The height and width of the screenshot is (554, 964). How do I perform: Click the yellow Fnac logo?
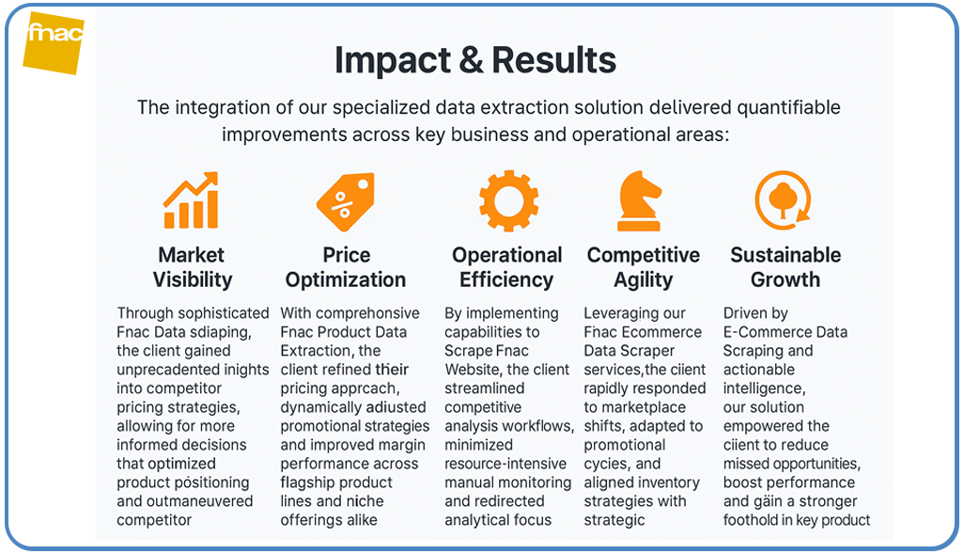[54, 42]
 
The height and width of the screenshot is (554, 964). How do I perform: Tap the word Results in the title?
[554, 60]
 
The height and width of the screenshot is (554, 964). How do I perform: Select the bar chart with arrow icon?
[191, 200]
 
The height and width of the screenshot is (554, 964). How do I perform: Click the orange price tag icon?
[345, 202]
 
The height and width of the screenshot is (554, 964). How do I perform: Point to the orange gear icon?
[508, 201]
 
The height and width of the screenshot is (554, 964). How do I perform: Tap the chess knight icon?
[642, 200]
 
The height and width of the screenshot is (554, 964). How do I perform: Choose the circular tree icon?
[783, 200]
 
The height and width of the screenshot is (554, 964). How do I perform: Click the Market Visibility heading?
[192, 267]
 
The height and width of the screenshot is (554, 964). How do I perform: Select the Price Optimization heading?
[346, 267]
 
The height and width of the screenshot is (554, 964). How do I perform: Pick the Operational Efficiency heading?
[507, 267]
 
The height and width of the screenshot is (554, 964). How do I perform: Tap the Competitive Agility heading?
[644, 267]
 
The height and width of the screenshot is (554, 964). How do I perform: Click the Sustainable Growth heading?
[785, 267]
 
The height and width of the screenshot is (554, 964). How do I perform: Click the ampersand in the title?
[467, 60]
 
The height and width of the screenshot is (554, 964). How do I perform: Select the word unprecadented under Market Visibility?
[159, 370]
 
